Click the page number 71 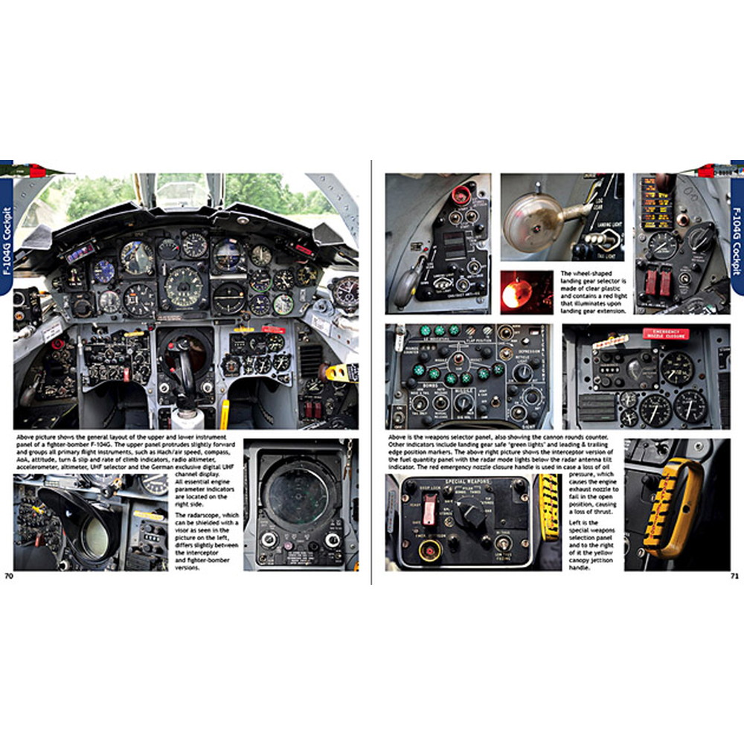coord(734,575)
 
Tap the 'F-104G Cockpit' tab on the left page coord(7,231)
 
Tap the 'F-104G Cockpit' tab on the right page coord(737,231)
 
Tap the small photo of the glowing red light coord(526,292)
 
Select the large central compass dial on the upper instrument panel coord(183,285)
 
